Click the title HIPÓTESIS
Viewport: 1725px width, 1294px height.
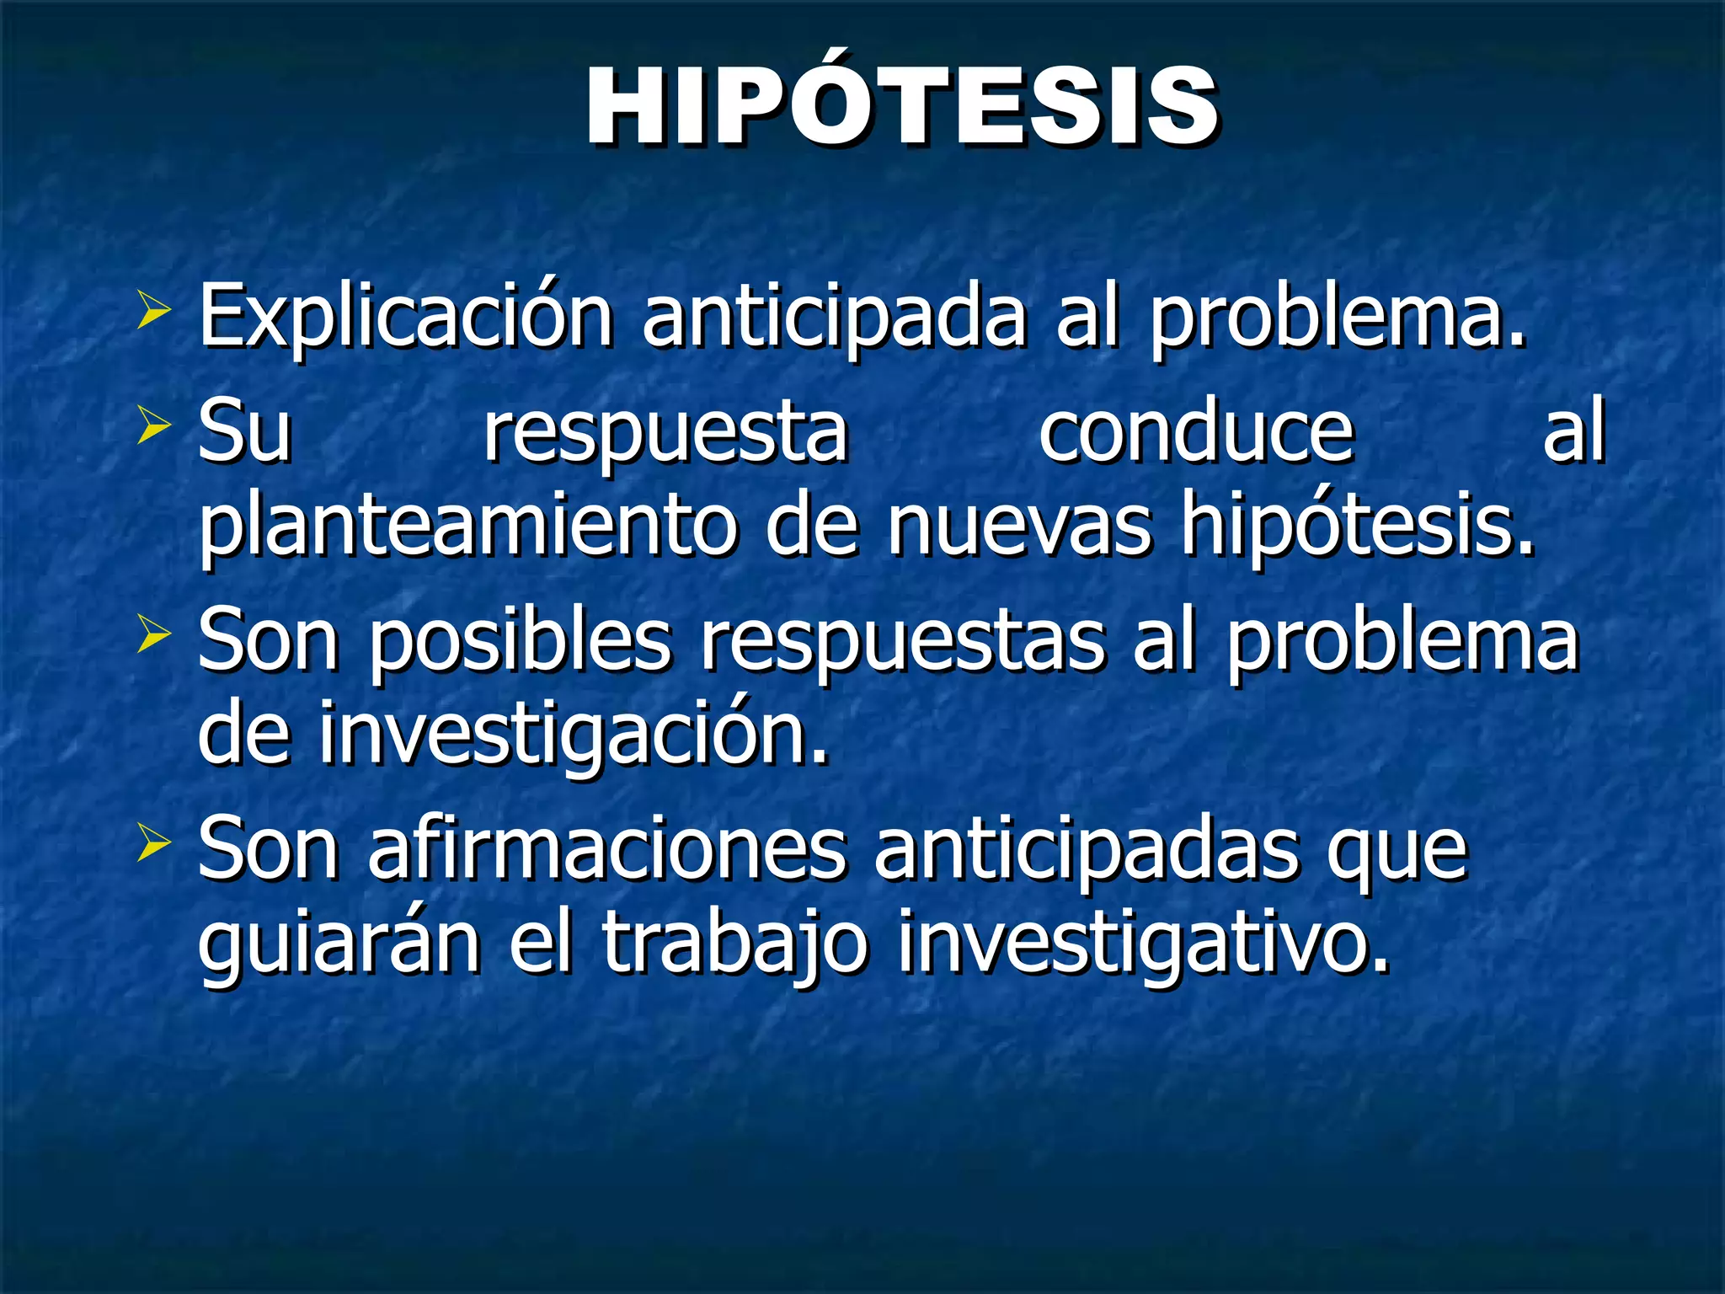pos(901,108)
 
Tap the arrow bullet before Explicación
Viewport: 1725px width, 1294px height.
pos(153,312)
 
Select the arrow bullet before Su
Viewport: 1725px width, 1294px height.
pos(153,426)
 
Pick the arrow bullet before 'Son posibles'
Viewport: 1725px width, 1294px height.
pos(153,634)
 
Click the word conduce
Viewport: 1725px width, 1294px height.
pos(1196,433)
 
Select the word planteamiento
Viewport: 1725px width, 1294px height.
pos(467,529)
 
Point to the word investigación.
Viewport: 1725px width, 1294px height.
pos(573,735)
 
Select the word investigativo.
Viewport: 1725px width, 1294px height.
pos(1141,945)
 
